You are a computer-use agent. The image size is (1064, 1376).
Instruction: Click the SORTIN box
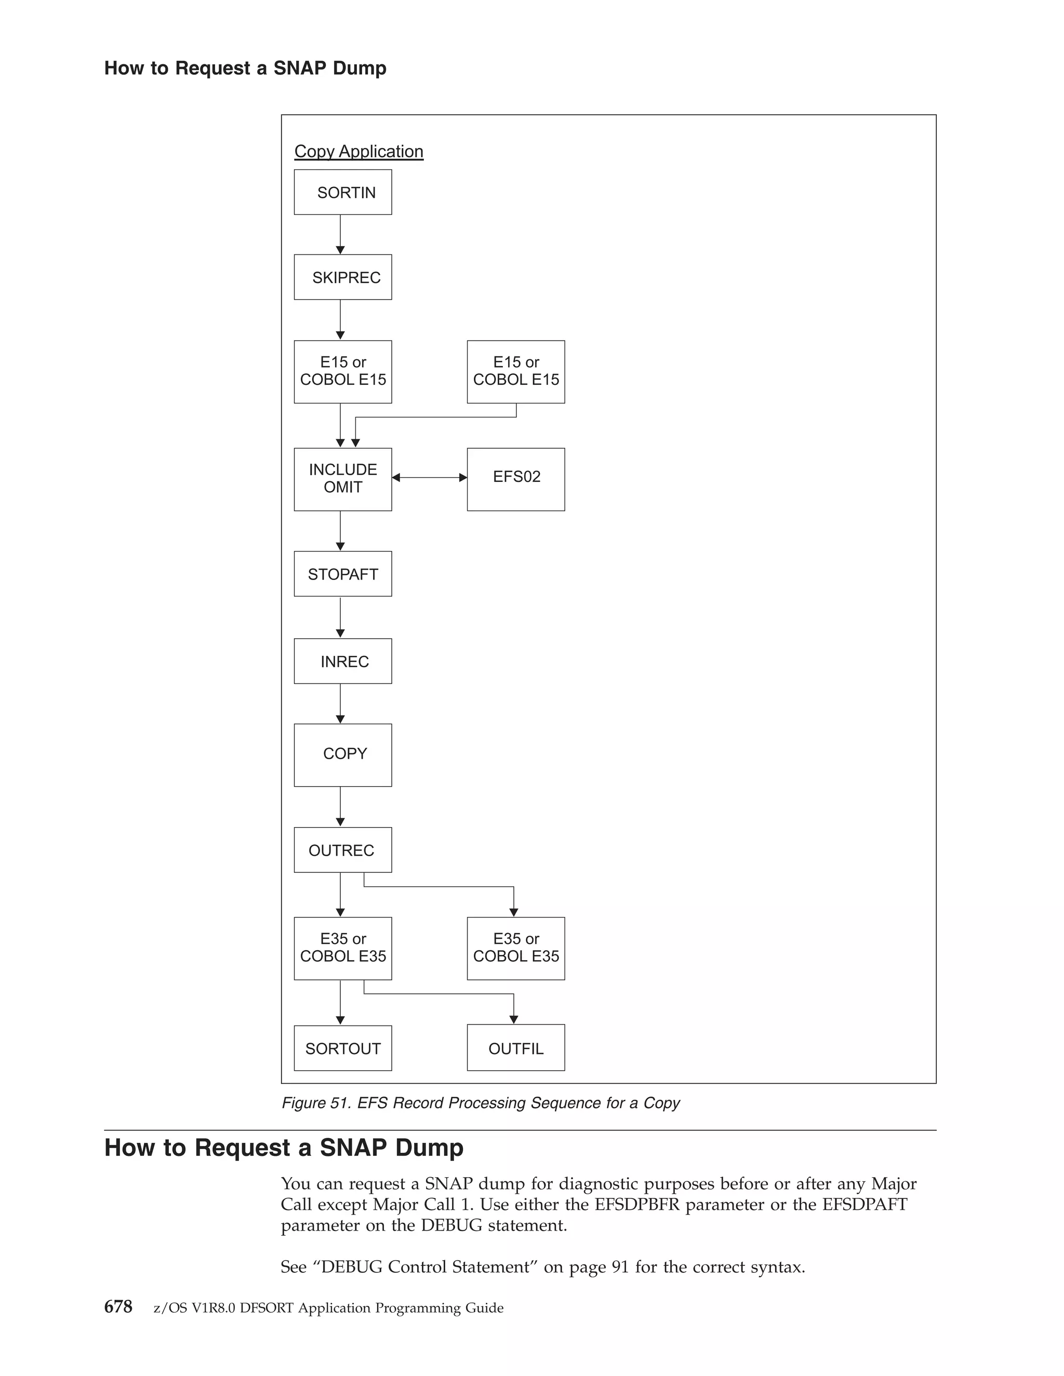[343, 192]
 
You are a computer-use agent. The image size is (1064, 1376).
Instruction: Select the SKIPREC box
[343, 277]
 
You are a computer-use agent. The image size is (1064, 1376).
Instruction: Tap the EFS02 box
[515, 479]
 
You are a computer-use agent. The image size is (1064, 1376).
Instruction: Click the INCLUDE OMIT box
[343, 479]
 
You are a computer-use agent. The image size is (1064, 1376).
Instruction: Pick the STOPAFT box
[343, 574]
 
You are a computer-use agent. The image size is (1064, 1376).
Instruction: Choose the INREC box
[343, 662]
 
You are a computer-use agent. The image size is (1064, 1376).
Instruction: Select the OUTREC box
[343, 850]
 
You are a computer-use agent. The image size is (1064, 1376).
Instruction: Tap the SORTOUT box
[343, 1048]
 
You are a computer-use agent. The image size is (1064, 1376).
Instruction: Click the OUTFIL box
[515, 1048]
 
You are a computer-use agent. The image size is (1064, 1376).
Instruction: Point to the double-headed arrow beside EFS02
[429, 478]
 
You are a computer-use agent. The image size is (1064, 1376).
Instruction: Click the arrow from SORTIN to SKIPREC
[340, 234]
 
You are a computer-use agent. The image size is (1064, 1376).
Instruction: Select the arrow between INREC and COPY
[340, 704]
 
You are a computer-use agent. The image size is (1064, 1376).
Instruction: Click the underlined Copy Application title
[358, 151]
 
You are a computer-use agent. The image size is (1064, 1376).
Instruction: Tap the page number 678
[118, 1307]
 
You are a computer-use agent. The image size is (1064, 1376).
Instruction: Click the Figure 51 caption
[481, 1102]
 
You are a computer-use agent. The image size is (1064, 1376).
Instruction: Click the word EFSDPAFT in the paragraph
[865, 1204]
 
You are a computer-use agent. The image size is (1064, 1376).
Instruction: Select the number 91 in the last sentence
[620, 1266]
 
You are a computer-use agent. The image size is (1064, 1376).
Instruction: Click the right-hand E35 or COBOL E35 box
[515, 948]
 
